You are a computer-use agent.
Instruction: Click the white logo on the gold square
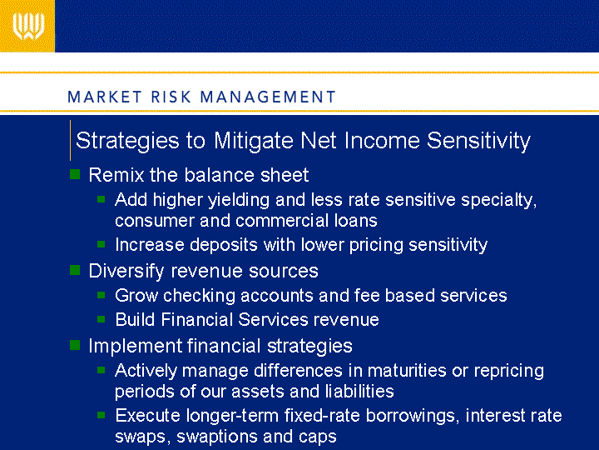[28, 26]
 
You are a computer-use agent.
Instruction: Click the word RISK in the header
[171, 97]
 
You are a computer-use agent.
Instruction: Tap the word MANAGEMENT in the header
[268, 97]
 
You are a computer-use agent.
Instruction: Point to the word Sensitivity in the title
[478, 141]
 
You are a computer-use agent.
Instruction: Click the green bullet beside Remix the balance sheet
[75, 174]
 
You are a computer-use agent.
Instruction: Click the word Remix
[116, 175]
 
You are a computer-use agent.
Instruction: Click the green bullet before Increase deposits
[101, 244]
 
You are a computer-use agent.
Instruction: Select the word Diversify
[126, 272]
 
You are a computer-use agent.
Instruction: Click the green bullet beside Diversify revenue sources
[75, 270]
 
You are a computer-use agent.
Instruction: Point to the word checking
[199, 296]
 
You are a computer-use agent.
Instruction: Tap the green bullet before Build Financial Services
[101, 319]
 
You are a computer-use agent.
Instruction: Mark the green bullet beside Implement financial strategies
[75, 345]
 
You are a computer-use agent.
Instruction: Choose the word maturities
[407, 370]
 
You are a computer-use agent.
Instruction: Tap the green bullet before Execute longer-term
[101, 415]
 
